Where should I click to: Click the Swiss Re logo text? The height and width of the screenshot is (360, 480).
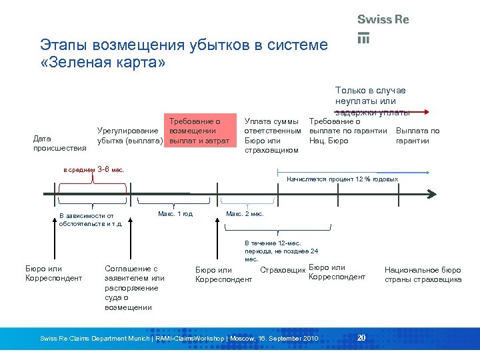(383, 19)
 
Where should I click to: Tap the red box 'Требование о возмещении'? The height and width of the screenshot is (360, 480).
(199, 131)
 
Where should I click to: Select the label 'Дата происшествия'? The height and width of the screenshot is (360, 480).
(59, 143)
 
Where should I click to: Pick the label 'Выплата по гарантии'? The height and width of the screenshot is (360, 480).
(417, 135)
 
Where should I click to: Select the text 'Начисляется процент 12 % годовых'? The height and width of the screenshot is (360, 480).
(342, 179)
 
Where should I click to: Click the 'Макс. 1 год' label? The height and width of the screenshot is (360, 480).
(175, 214)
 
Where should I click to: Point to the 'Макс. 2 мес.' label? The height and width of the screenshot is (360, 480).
(245, 214)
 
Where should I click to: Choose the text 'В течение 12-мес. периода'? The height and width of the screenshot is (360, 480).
(281, 251)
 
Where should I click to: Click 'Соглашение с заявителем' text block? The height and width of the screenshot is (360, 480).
(134, 287)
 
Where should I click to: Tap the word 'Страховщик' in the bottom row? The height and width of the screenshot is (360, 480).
(283, 270)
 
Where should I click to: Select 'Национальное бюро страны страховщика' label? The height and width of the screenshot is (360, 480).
(423, 275)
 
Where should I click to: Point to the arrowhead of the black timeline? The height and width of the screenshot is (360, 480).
(433, 193)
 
